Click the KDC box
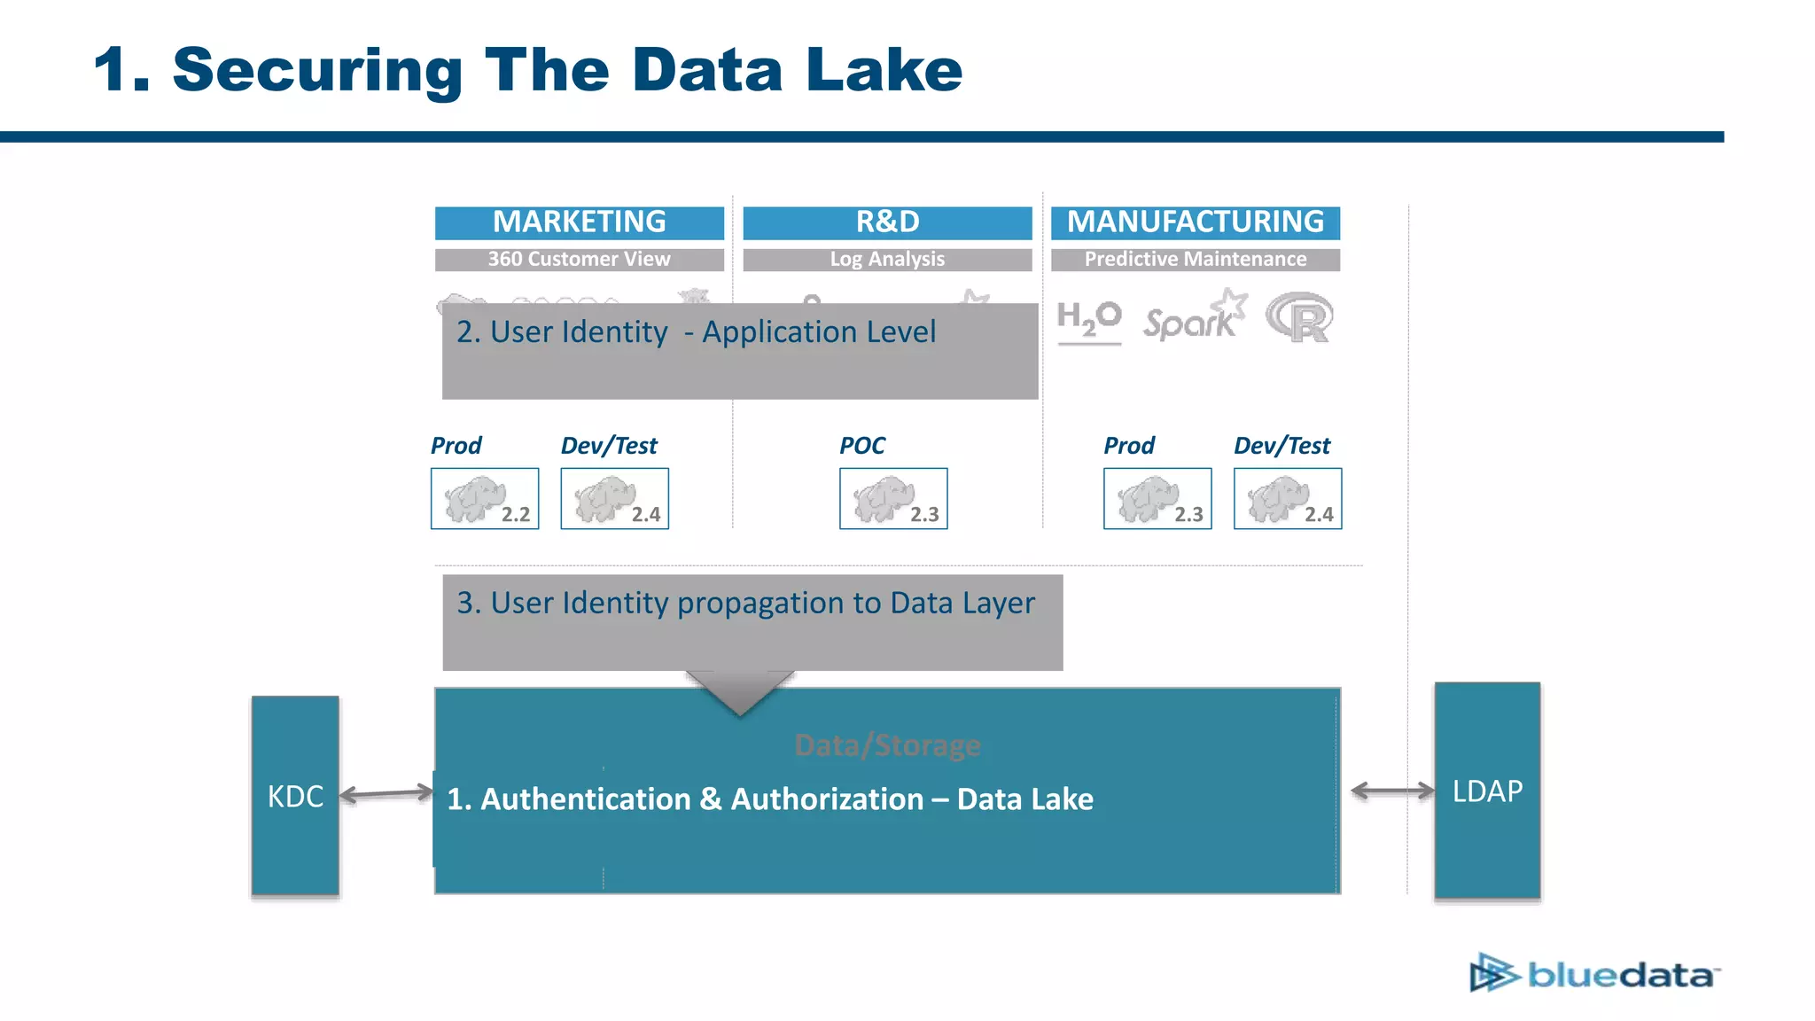[295, 795]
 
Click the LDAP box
[1487, 791]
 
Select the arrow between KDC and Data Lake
[386, 794]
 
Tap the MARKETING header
[579, 222]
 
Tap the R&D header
[887, 222]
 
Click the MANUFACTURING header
[1195, 222]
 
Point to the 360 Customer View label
[579, 260]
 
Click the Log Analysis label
[887, 260]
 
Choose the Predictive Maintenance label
[1195, 260]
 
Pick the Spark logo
[1194, 317]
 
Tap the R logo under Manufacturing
[1299, 318]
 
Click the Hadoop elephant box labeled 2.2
[484, 499]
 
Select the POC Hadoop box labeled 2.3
[893, 499]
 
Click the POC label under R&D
[861, 446]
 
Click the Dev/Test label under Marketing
[609, 446]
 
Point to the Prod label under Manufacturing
[1128, 446]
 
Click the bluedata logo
[1594, 974]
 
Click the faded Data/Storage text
[887, 745]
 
